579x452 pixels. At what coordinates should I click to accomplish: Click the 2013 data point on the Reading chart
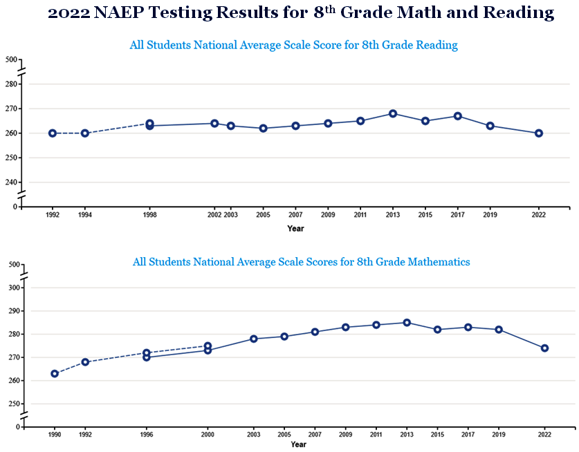pyautogui.click(x=393, y=113)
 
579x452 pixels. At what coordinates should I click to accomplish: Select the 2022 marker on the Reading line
pyautogui.click(x=539, y=133)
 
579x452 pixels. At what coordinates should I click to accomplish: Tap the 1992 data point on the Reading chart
pyautogui.click(x=53, y=133)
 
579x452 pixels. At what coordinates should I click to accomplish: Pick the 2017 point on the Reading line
pyautogui.click(x=457, y=116)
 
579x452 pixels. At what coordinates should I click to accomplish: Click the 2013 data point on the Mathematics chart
pyautogui.click(x=407, y=323)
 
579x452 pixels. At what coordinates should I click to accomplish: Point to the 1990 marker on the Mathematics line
pyautogui.click(x=55, y=374)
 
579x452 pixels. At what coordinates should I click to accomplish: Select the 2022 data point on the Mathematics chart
pyautogui.click(x=544, y=348)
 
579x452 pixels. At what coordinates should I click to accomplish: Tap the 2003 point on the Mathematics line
pyautogui.click(x=254, y=339)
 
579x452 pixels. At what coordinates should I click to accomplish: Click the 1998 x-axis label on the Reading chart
pyautogui.click(x=149, y=215)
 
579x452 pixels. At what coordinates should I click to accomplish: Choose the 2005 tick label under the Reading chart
pyautogui.click(x=263, y=215)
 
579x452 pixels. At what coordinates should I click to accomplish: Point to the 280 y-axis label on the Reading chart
pyautogui.click(x=11, y=84)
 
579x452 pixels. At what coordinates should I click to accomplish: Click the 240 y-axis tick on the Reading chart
pyautogui.click(x=11, y=182)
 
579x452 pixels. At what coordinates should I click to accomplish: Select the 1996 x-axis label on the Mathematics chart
pyautogui.click(x=146, y=435)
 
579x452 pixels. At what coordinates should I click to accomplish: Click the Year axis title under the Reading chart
pyautogui.click(x=295, y=228)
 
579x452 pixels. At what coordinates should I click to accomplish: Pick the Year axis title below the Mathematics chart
pyautogui.click(x=298, y=444)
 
